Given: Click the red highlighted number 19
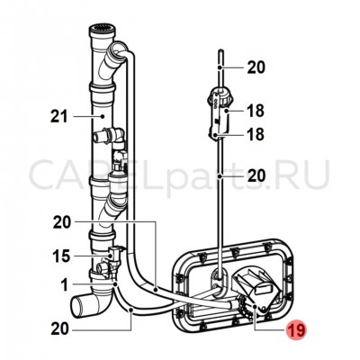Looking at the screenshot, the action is pos(296,329).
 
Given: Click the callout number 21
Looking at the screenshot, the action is pos(59,116).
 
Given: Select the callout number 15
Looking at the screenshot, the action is pos(61,256).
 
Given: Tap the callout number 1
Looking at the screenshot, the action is pos(65,284).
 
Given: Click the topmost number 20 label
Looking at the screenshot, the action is pos(256,67).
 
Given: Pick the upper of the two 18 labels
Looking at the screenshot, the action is pos(256,111).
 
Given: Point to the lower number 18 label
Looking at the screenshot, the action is pos(256,134).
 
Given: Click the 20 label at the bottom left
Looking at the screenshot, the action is pos(60,329).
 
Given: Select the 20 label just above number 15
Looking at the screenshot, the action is pos(62,222).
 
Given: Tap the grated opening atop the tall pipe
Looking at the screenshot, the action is pos(103,30).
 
